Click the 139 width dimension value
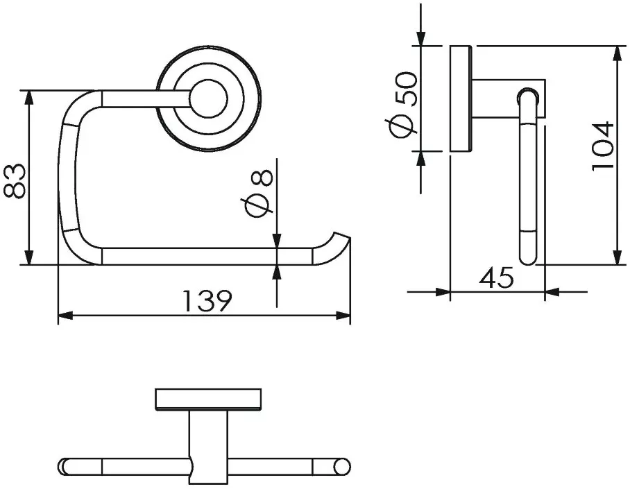coord(207,300)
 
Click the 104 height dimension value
coord(604,146)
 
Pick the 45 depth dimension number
coord(496,277)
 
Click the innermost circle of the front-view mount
coord(209,98)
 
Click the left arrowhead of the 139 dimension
coord(65,316)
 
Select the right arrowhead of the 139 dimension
coord(343,316)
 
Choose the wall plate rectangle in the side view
coord(461,98)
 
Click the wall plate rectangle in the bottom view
coord(209,400)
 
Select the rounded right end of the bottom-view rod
coord(342,466)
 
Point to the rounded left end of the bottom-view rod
coord(65,466)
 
